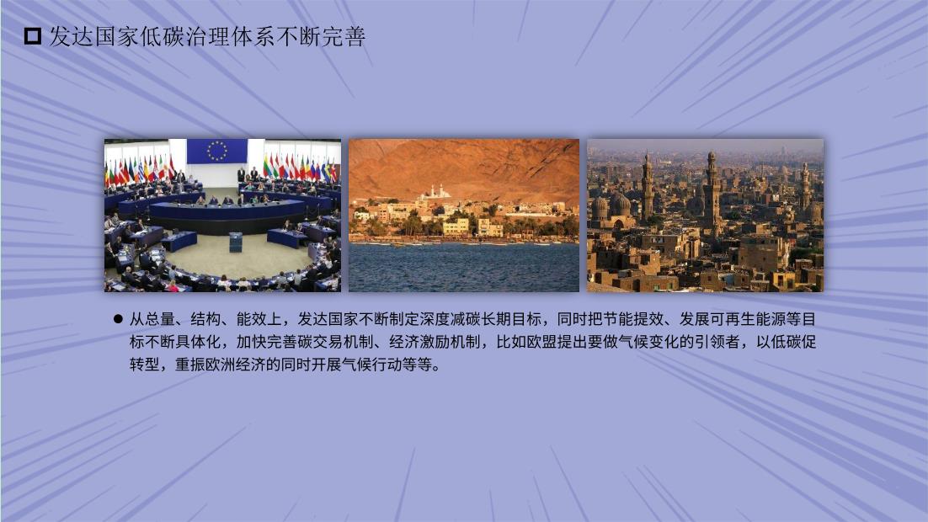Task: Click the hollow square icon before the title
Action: tap(33, 37)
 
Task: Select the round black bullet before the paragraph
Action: tap(118, 320)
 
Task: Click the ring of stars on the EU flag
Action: tap(217, 151)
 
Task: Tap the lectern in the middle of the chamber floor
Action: tap(236, 242)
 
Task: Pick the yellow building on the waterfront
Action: tap(456, 226)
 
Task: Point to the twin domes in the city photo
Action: tap(611, 206)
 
